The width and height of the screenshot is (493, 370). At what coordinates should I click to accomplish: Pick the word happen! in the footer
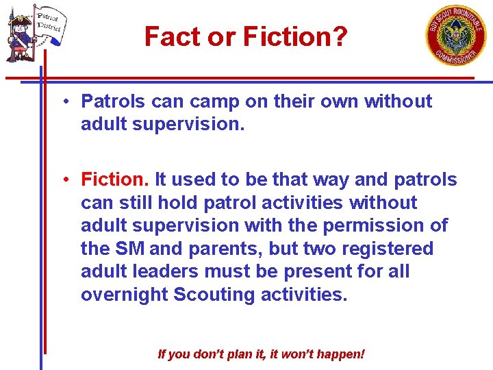(342, 354)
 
